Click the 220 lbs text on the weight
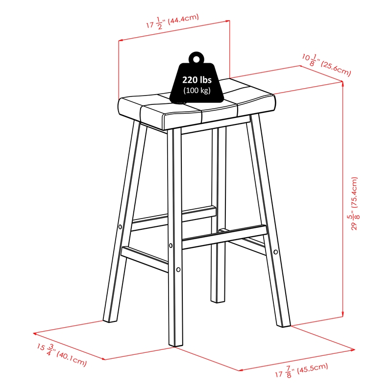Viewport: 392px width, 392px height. (197, 80)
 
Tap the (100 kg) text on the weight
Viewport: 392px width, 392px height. (197, 90)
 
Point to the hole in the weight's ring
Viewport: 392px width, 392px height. (196, 59)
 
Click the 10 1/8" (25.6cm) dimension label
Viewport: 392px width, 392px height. (326, 65)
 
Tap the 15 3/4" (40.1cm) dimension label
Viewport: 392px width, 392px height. (62, 355)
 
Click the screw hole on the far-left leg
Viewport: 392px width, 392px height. (120, 227)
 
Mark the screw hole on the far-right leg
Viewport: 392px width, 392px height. (275, 252)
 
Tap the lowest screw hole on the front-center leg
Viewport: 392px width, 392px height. (178, 269)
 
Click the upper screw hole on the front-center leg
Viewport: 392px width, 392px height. (171, 246)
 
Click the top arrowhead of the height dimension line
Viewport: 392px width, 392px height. (343, 83)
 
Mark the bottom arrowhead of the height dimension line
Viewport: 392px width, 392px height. (343, 316)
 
